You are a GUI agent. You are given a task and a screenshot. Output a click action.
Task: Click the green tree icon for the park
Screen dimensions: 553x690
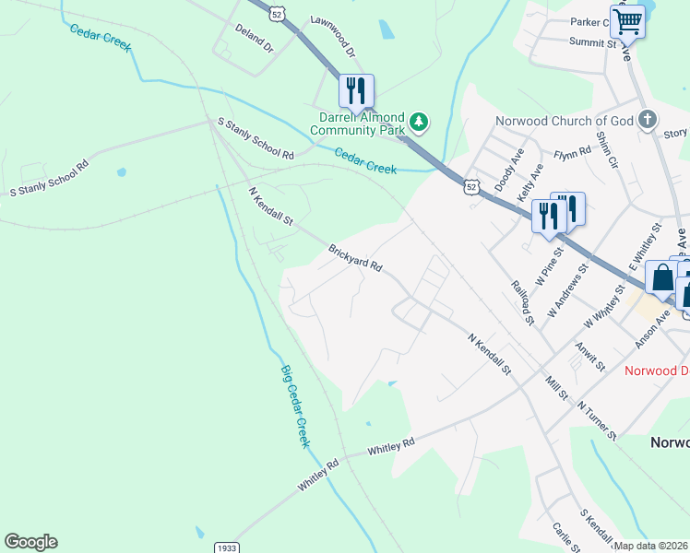[x=420, y=121]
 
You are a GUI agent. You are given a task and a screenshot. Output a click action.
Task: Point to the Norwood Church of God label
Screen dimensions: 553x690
[x=563, y=121]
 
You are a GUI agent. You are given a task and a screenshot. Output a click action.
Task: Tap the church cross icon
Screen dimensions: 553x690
[x=648, y=119]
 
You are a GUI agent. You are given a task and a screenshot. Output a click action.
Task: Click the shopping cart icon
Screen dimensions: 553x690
[x=627, y=20]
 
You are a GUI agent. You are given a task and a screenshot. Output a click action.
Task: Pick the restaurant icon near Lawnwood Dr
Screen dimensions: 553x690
[x=356, y=90]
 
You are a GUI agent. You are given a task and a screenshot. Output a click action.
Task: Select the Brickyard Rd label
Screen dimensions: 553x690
[x=355, y=257]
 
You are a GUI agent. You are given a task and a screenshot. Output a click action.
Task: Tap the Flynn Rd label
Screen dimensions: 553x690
[x=572, y=154]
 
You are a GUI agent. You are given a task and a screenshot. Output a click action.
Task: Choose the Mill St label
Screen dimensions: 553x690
[x=556, y=386]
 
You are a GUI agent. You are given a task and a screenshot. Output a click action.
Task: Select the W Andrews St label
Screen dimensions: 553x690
[x=567, y=291]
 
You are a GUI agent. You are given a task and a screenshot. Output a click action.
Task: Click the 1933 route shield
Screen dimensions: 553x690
[x=226, y=547]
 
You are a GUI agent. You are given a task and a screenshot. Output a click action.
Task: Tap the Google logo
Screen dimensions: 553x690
[x=30, y=542]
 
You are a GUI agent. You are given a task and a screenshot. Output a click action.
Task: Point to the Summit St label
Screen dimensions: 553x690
[x=592, y=42]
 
